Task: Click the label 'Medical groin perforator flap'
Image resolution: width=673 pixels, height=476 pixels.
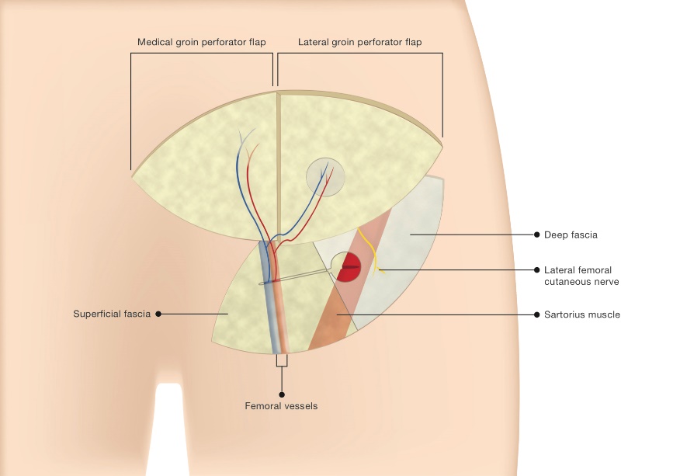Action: pyautogui.click(x=202, y=42)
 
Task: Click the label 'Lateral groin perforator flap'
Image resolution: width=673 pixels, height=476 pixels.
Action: pyautogui.click(x=360, y=42)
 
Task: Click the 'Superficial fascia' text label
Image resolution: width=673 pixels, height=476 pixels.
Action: pyautogui.click(x=112, y=314)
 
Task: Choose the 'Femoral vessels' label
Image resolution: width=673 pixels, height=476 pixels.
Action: pyautogui.click(x=281, y=405)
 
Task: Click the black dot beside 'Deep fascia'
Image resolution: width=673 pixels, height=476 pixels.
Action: pyautogui.click(x=537, y=234)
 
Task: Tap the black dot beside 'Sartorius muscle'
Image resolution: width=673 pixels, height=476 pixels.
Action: pyautogui.click(x=537, y=314)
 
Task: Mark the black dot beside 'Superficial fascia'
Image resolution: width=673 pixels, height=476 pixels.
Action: pyautogui.click(x=158, y=314)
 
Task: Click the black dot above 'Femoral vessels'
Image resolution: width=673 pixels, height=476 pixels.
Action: pyautogui.click(x=281, y=388)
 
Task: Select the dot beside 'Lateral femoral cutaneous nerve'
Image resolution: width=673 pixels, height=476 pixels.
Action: pyautogui.click(x=537, y=270)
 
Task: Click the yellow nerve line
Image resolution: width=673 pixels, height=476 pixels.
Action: pyautogui.click(x=376, y=260)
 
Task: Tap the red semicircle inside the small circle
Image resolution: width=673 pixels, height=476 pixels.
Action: pyautogui.click(x=350, y=269)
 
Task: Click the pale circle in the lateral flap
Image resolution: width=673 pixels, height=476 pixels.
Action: pyautogui.click(x=325, y=177)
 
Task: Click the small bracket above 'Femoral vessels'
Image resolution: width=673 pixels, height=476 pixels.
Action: pyautogui.click(x=281, y=361)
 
